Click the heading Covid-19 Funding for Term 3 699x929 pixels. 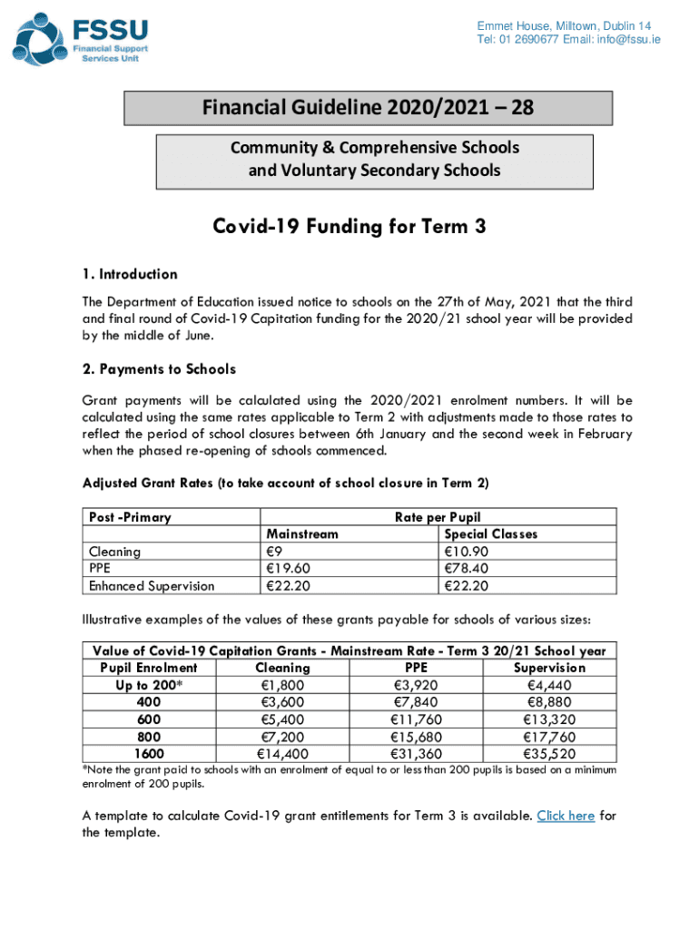(x=349, y=227)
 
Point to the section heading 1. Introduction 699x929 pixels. (x=130, y=274)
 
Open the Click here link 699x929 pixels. (x=566, y=816)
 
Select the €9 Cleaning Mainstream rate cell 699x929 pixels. (x=273, y=552)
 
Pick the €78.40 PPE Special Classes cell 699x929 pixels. (x=466, y=569)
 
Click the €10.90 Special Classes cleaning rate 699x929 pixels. (x=466, y=552)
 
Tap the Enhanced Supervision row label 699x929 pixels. (x=151, y=586)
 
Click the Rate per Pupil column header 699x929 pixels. (x=438, y=517)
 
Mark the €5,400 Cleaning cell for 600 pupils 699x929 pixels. (x=281, y=719)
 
